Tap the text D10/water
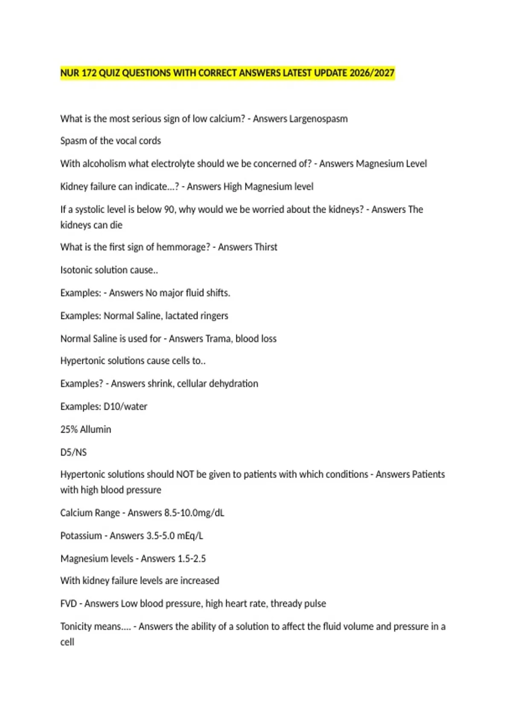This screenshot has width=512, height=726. click(125, 406)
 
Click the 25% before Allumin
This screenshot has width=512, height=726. click(68, 429)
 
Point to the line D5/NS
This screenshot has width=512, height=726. click(73, 452)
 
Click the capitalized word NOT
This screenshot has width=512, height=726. click(185, 474)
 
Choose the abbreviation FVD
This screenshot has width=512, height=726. click(68, 603)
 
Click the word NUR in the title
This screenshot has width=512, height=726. click(70, 73)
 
